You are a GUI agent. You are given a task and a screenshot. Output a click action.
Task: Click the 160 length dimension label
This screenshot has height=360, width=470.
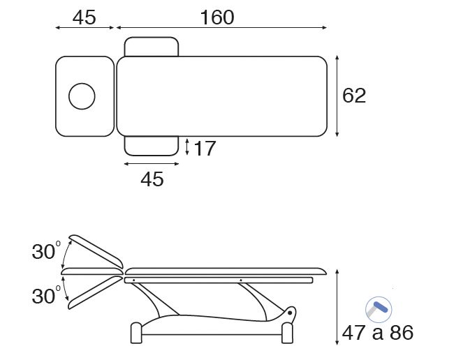coord(217,17)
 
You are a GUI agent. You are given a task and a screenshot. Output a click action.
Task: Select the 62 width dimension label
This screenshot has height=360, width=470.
coord(354,96)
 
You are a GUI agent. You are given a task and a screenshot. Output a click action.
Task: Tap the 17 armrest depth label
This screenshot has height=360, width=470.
coord(205,148)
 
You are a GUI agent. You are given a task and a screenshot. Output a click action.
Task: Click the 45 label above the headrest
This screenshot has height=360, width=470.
coord(85,17)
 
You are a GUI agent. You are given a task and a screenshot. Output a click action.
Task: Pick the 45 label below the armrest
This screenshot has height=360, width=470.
coord(152,179)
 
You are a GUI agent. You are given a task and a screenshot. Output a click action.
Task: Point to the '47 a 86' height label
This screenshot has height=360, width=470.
coord(378,333)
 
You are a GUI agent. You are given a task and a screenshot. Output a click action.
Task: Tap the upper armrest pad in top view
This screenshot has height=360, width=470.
coord(152,47)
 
